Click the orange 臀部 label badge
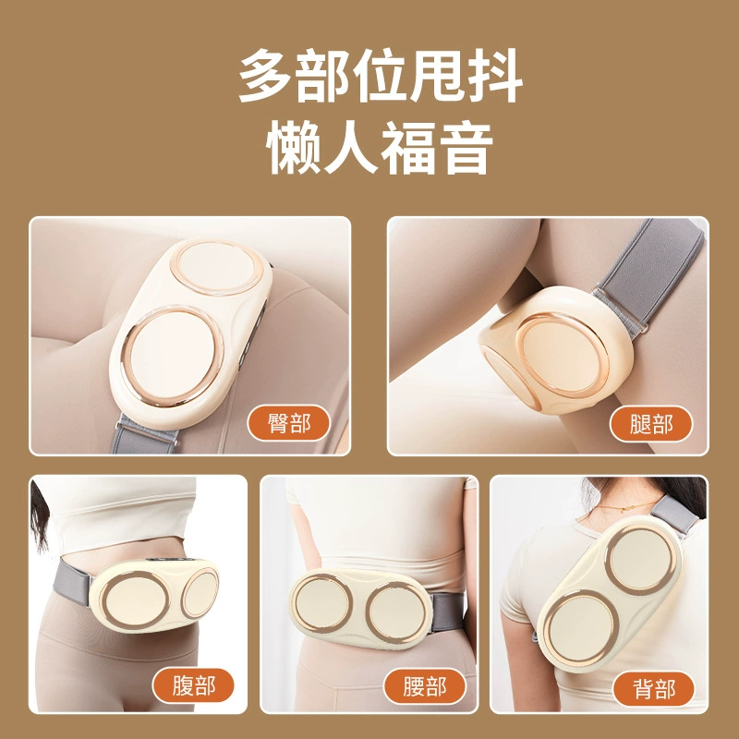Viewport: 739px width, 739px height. pyautogui.click(x=288, y=423)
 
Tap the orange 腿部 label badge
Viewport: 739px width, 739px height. pyautogui.click(x=650, y=423)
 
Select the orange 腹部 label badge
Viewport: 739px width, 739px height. pyautogui.click(x=193, y=685)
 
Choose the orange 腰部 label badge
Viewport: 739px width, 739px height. pyautogui.click(x=424, y=686)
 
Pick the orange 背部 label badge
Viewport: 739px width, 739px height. pyautogui.click(x=653, y=688)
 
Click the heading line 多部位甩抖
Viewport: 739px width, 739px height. pyautogui.click(x=381, y=76)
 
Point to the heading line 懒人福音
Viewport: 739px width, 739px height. pyautogui.click(x=380, y=147)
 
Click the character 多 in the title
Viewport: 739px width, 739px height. pyautogui.click(x=266, y=76)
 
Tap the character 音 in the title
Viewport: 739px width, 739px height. pyautogui.click(x=465, y=147)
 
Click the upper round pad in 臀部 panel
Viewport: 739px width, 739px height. pyautogui.click(x=214, y=267)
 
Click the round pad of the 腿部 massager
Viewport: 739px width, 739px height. pyautogui.click(x=562, y=355)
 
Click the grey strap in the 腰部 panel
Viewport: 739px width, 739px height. pyautogui.click(x=447, y=612)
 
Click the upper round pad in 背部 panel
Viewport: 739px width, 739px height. pyautogui.click(x=640, y=559)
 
